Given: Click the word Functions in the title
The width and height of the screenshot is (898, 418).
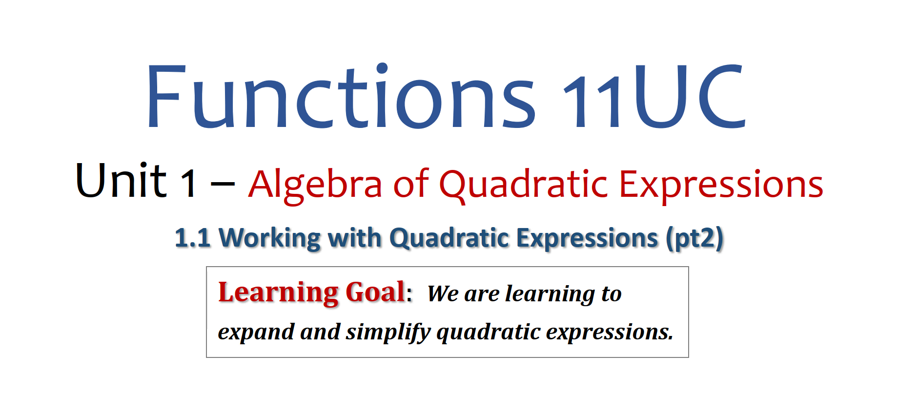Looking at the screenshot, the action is [x=341, y=96].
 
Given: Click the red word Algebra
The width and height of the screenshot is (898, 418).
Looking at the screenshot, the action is [x=315, y=185].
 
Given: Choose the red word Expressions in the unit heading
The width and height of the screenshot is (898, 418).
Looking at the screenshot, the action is [x=721, y=185].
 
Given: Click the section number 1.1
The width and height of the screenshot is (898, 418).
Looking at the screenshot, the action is [x=193, y=238].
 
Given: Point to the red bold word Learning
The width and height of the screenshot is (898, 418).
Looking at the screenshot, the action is [x=278, y=293].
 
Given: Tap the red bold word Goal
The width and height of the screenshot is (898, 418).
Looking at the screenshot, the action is [x=375, y=292].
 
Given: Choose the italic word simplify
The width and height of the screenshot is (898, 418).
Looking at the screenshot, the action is [x=388, y=333].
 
